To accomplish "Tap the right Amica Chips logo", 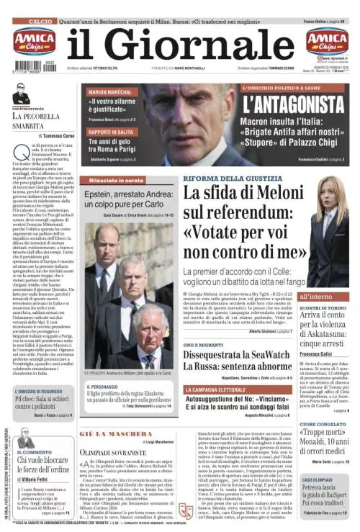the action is tap(327, 41).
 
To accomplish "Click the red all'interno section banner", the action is tap(316, 296).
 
